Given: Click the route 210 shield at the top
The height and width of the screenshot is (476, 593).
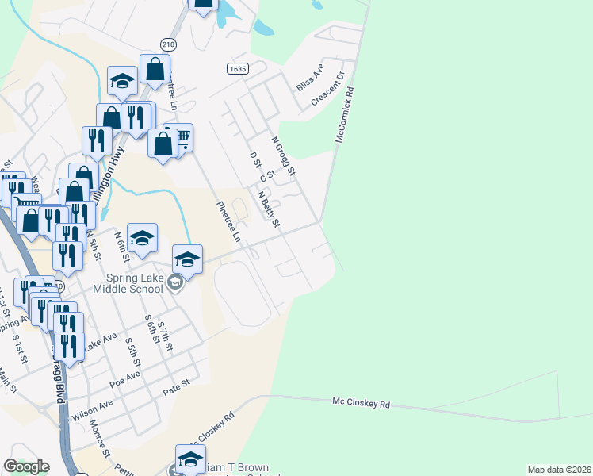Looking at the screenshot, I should point(167,44).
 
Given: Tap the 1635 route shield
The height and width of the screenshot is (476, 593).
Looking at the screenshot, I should point(236,69).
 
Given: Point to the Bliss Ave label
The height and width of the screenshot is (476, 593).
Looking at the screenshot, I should point(310,79).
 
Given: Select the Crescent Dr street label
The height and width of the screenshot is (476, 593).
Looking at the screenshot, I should point(327,90).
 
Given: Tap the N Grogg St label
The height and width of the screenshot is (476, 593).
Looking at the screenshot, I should point(283,156).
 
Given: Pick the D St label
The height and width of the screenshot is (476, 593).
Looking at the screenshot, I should point(254,164).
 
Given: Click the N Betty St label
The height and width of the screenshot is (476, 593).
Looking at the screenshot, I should point(269,207).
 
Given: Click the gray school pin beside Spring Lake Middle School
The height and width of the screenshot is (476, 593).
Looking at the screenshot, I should point(175,283).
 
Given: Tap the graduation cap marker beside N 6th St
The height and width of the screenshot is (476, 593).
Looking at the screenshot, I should point(142,237).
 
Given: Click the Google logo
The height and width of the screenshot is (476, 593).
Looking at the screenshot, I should point(26,466).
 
